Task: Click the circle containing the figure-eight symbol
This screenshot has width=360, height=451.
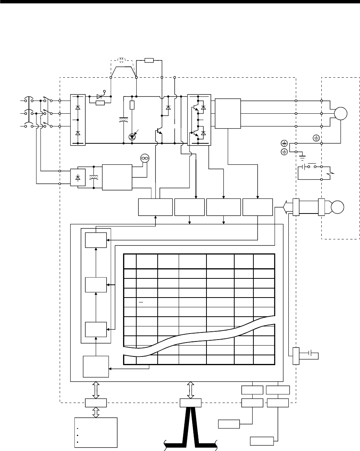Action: click(145, 159)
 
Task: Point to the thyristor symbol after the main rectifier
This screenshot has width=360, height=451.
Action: click(100, 96)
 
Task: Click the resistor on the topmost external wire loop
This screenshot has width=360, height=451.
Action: click(149, 60)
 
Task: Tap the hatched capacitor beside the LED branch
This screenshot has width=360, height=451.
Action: click(123, 120)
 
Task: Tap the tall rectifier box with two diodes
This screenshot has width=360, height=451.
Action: click(78, 120)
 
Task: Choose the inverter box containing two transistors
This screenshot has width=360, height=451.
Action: click(199, 119)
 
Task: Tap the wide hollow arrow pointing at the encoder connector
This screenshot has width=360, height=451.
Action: click(286, 207)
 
